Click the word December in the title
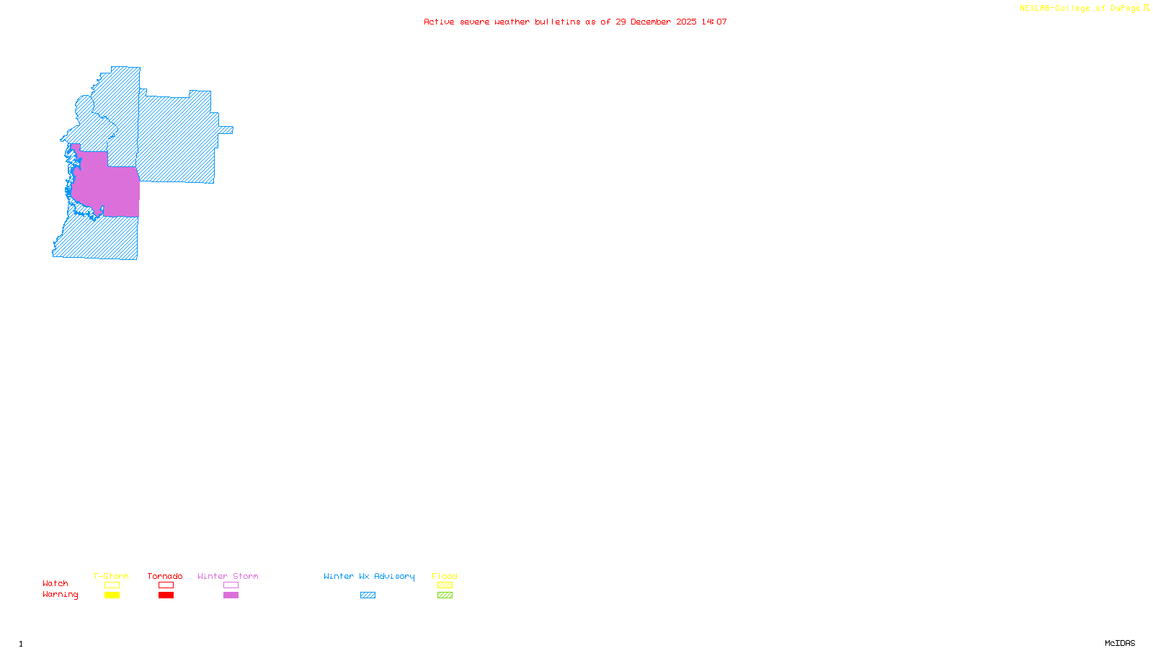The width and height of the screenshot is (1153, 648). point(651,22)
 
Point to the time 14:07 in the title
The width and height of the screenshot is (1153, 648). point(714,22)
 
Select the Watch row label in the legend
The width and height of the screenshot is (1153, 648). point(55,584)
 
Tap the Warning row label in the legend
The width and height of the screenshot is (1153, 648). point(61,595)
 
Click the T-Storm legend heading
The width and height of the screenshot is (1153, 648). point(111,576)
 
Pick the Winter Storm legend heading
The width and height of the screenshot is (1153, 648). point(228,576)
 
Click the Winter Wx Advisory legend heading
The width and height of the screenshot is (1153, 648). point(369,576)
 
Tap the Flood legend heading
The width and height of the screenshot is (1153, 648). point(445,576)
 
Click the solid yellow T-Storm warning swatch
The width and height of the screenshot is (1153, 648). point(112,595)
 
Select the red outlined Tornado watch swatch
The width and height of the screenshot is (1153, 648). point(166,585)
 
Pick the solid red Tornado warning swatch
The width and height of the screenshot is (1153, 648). point(166,595)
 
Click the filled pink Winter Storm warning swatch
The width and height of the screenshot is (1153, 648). point(231,595)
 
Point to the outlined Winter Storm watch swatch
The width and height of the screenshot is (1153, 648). point(231,585)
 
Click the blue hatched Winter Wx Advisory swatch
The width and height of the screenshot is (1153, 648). point(368,595)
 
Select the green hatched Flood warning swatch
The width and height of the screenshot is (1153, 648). point(445,595)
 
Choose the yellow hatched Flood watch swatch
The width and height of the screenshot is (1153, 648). point(445,585)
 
